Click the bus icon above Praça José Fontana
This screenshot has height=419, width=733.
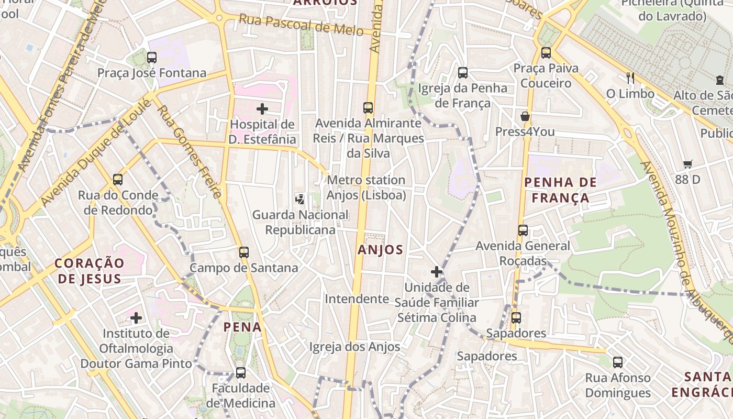(152, 58)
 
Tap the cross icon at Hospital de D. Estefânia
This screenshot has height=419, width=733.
(262, 109)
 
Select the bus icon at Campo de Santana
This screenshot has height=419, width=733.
(243, 252)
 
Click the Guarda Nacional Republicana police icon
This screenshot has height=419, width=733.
(300, 199)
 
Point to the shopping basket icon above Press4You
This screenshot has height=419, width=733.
(525, 116)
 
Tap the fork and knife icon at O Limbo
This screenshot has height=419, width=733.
(630, 78)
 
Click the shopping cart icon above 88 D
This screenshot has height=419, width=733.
(688, 164)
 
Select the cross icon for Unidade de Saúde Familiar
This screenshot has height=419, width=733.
(437, 272)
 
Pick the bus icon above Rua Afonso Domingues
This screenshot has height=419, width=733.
(618, 362)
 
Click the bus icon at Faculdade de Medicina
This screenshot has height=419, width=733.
(240, 373)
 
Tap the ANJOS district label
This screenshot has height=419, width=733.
(381, 250)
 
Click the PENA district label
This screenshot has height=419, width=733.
(242, 327)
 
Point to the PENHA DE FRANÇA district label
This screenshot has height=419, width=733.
(560, 190)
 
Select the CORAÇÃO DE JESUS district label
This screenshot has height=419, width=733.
(90, 271)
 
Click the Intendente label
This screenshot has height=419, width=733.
(357, 299)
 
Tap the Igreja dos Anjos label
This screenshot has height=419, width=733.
(354, 347)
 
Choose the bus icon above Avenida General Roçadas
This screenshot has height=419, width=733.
(523, 230)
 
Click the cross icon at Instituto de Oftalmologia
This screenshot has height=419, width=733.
(136, 318)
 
